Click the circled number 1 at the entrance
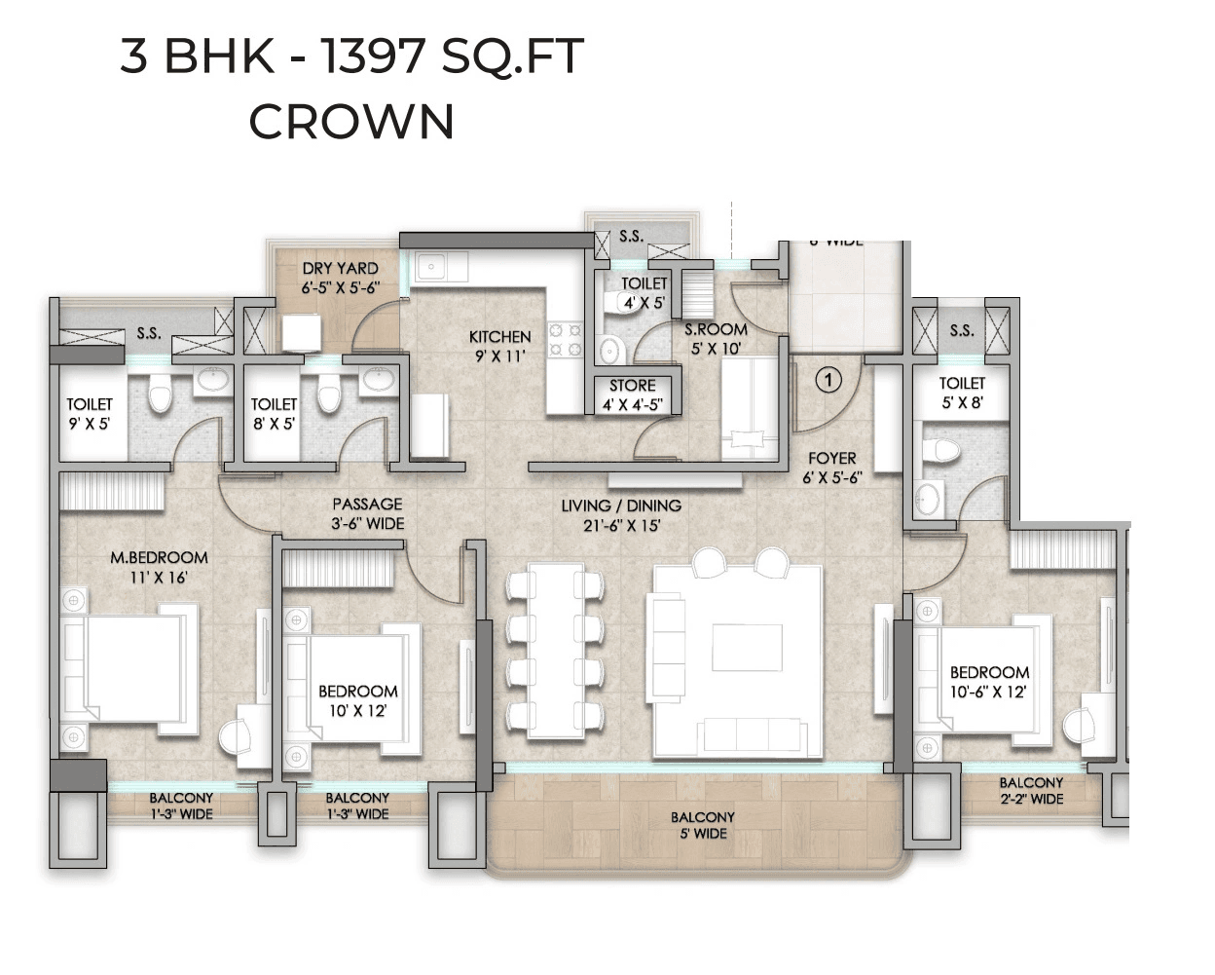[828, 379]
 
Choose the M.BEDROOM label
[159, 558]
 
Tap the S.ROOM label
[716, 329]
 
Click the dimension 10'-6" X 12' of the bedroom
[989, 693]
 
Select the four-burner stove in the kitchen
[566, 339]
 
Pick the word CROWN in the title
[351, 122]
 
